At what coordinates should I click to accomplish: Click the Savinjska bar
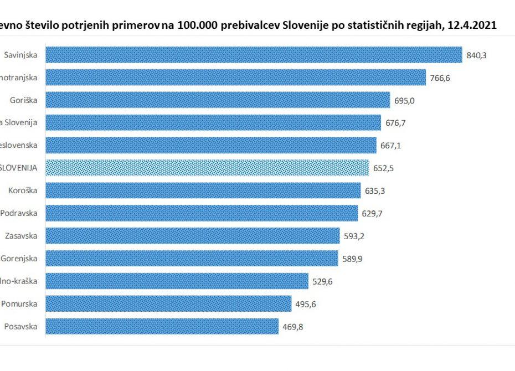point(253,55)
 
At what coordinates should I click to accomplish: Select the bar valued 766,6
point(235,78)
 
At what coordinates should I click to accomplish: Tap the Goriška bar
point(217,100)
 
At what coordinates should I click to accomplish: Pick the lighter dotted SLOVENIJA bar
point(207,168)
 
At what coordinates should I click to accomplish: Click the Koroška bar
point(203,190)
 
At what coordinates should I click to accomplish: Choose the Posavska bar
point(162,326)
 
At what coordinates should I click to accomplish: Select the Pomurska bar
point(168,304)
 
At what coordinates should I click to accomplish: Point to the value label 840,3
point(476,55)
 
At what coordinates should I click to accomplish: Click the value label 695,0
point(404,100)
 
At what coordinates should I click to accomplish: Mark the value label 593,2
point(354,236)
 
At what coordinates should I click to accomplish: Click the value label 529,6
point(322,281)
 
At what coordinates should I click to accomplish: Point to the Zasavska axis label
point(21,236)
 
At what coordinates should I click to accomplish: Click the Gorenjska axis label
point(19,259)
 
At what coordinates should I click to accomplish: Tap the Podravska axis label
point(19,213)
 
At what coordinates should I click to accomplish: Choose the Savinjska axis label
point(20,55)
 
